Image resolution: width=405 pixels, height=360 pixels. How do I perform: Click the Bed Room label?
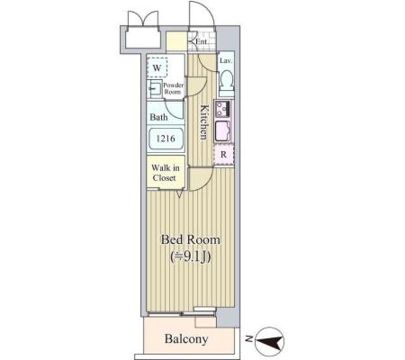[190, 240]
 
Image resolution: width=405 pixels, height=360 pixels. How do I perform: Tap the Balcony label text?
[186, 339]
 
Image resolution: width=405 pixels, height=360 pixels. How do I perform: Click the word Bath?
[158, 117]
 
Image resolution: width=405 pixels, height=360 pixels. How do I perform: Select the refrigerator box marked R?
[223, 154]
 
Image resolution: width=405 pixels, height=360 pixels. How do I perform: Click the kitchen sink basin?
[223, 132]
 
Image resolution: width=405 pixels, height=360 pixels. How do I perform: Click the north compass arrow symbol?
[271, 342]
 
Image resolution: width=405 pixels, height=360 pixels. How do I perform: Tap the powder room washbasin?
[154, 88]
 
